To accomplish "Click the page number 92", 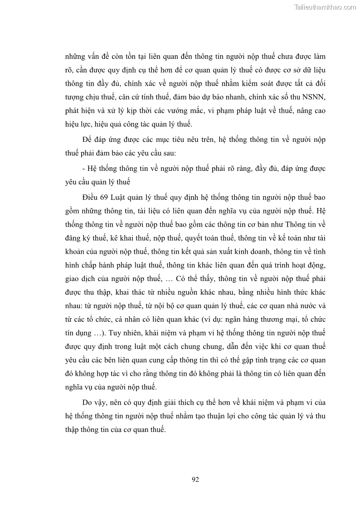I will pos(196,480).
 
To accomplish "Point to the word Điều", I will pos(91,198).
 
